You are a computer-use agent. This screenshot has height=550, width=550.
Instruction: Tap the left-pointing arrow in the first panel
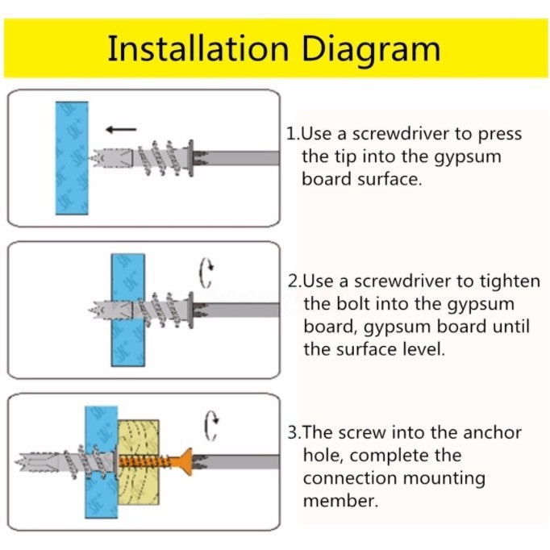point(120,128)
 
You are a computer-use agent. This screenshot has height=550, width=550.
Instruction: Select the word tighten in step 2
point(511,282)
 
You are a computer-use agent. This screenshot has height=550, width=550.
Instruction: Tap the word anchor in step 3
point(491,432)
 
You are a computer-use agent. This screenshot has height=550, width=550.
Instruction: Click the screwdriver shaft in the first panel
point(242,157)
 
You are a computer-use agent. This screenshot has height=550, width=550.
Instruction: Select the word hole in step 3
point(322,456)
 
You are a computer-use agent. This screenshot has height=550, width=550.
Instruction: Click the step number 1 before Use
point(291,134)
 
